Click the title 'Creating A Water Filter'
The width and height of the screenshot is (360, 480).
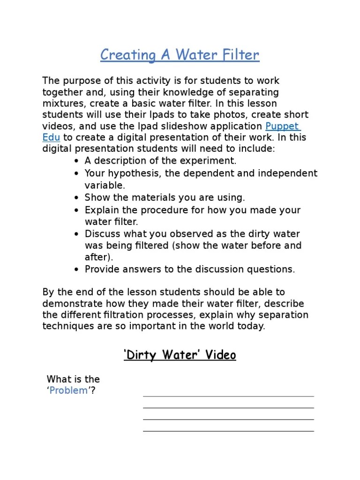pyautogui.click(x=180, y=55)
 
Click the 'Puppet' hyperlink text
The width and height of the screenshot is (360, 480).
pyautogui.click(x=283, y=126)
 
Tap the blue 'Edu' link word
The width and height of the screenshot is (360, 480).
pyautogui.click(x=51, y=137)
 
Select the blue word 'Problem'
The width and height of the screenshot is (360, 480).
pyautogui.click(x=68, y=390)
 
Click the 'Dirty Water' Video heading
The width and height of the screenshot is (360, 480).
pyautogui.click(x=180, y=355)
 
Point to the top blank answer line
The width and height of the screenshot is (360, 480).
pyautogui.click(x=228, y=396)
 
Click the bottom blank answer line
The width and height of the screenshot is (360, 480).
pyautogui.click(x=228, y=431)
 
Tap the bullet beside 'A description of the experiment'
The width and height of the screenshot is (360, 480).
pyautogui.click(x=76, y=161)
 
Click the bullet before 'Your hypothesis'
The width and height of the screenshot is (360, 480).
pyautogui.click(x=76, y=173)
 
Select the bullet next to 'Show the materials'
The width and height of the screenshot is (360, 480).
pyautogui.click(x=76, y=198)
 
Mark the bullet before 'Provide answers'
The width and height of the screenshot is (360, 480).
pyautogui.click(x=76, y=270)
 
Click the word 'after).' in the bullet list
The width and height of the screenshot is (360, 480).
pyautogui.click(x=99, y=257)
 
